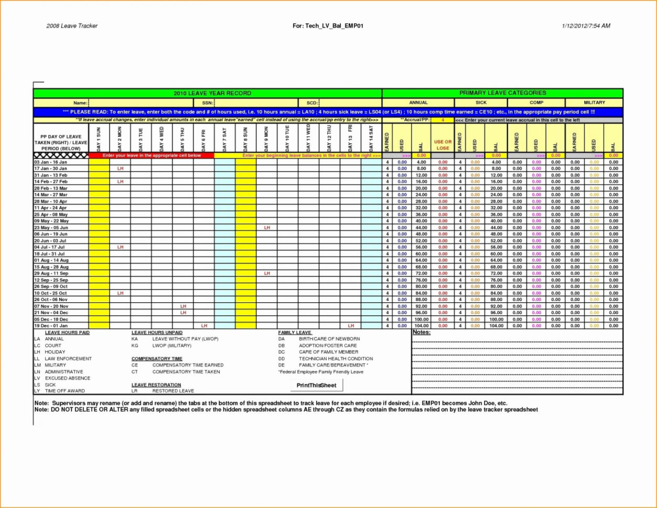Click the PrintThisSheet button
(316, 385)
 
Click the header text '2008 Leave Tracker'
(72, 26)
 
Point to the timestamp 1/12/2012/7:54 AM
(586, 26)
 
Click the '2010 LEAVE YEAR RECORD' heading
(212, 93)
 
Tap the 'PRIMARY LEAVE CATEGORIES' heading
(502, 93)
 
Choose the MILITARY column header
(594, 103)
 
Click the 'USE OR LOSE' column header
(442, 145)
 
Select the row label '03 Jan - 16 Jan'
(50, 162)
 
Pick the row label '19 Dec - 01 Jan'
(50, 326)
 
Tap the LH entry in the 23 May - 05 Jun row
(266, 228)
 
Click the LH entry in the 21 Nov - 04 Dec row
(183, 313)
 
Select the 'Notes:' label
(421, 333)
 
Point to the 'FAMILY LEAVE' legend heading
(295, 333)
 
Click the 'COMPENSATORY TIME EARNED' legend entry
(187, 365)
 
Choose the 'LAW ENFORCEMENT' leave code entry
(68, 359)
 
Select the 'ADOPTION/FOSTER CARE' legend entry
(328, 346)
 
